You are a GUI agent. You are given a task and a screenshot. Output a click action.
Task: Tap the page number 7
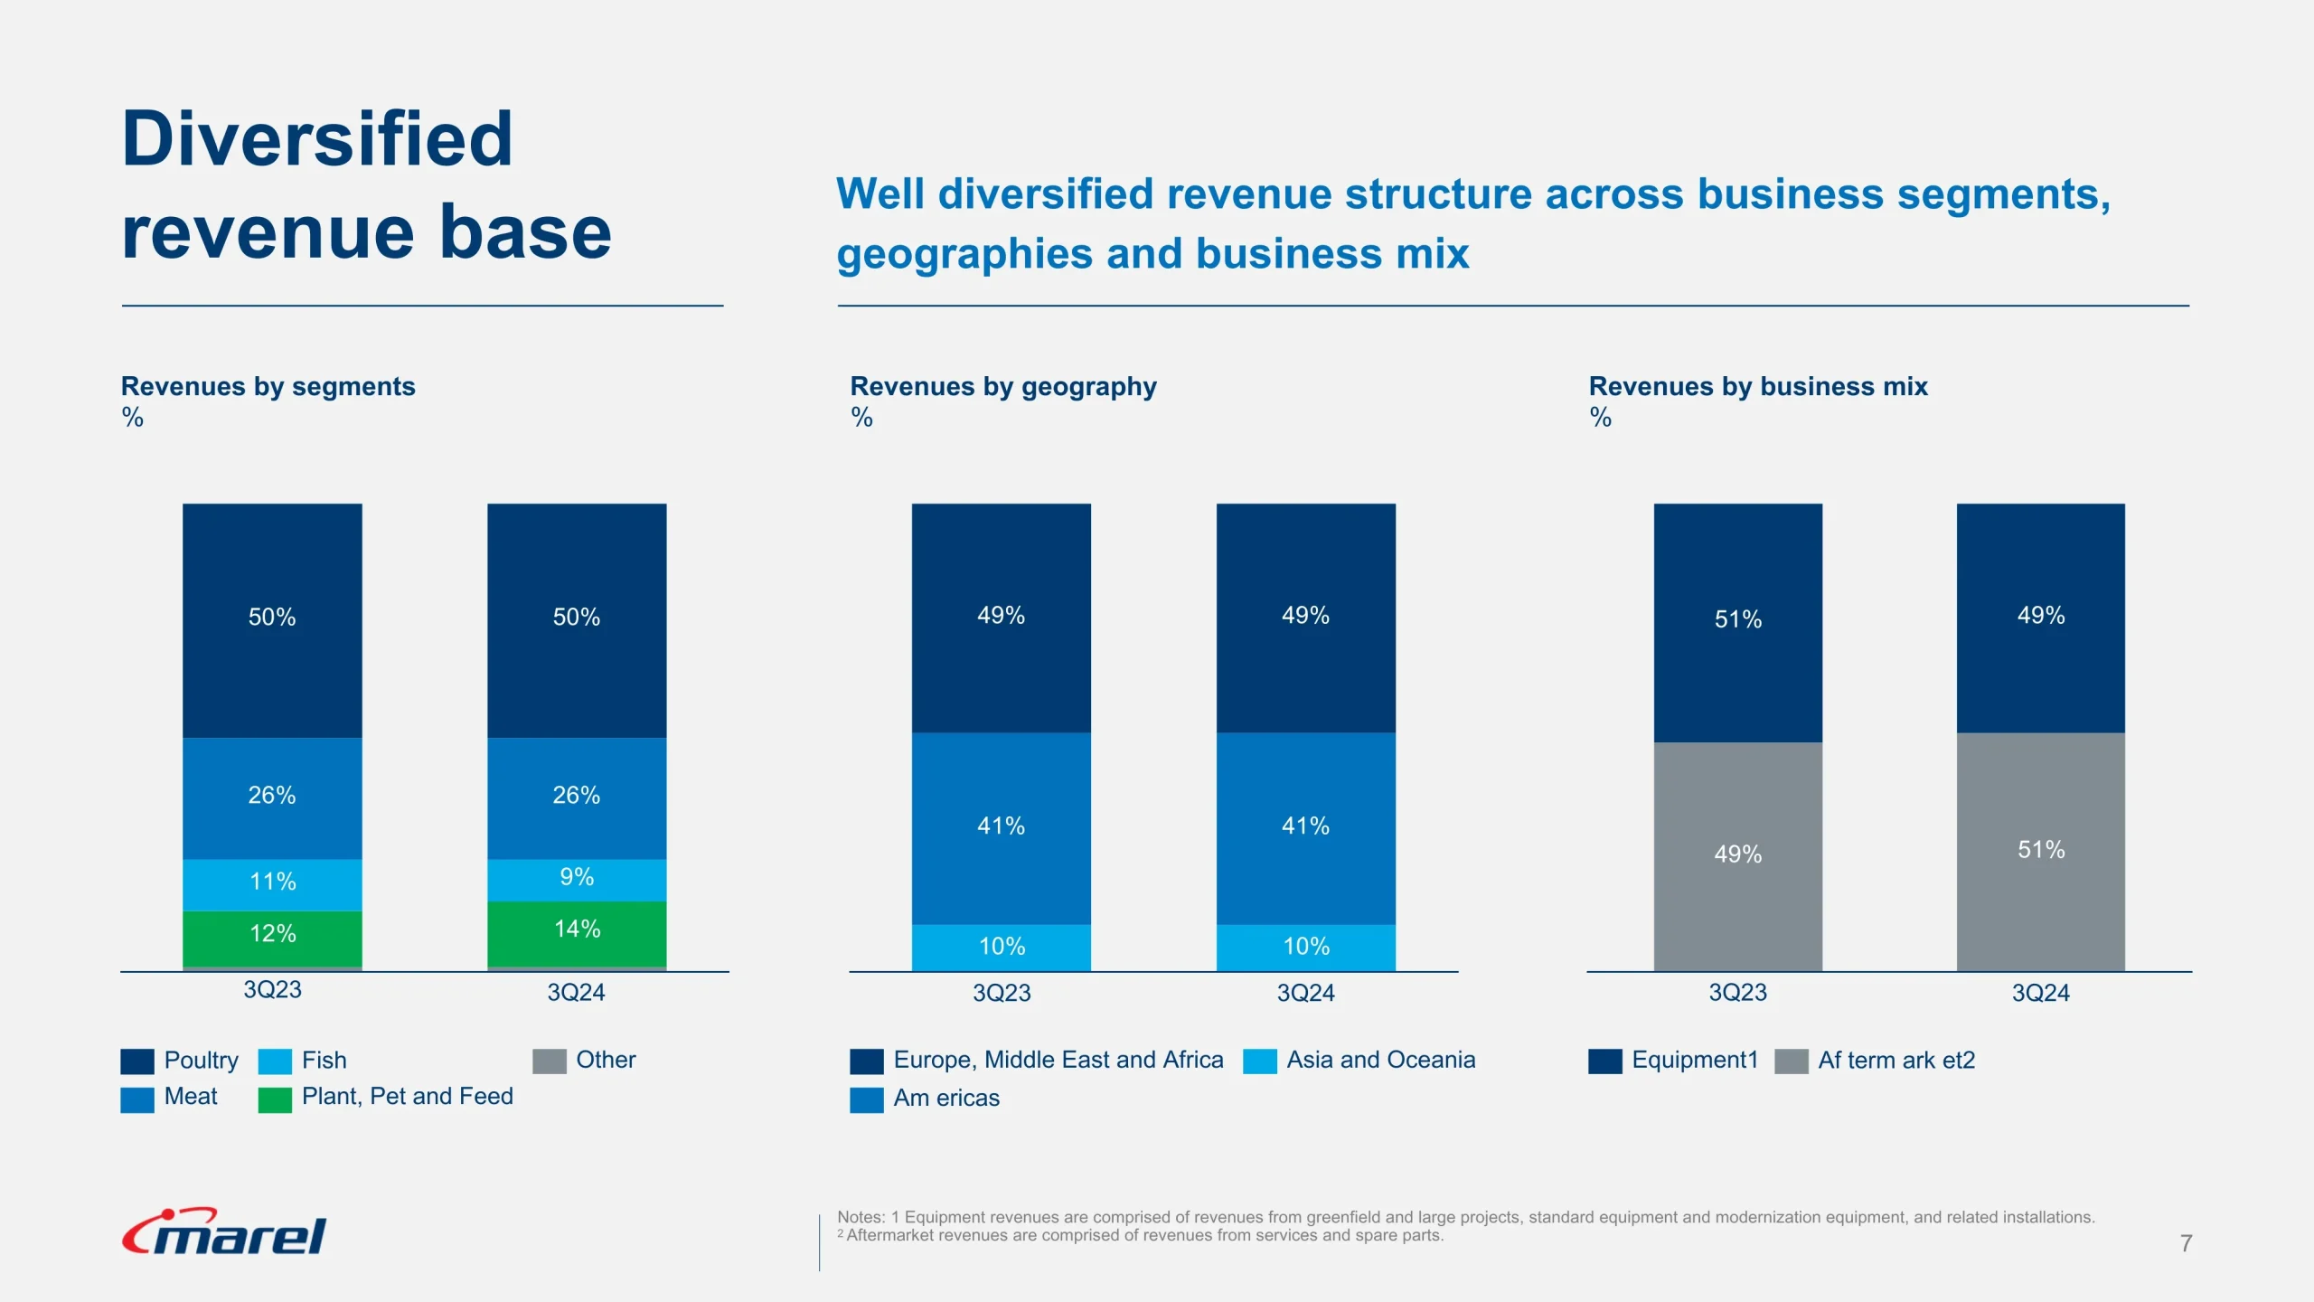pos(2186,1243)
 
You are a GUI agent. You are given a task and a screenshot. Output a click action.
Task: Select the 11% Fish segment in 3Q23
pos(272,883)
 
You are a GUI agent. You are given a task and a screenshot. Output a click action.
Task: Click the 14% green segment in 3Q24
pos(577,932)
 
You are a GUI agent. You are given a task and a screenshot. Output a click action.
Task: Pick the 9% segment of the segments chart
pos(577,879)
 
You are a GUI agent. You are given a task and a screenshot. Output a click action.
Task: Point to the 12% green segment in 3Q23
pos(272,937)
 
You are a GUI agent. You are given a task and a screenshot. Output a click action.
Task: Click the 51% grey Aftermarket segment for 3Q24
pos(2040,851)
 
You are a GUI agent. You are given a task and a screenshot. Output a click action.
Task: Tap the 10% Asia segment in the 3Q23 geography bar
pos(1001,947)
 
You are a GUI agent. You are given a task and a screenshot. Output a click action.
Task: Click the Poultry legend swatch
pos(137,1061)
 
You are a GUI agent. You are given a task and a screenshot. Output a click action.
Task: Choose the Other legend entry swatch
pos(549,1061)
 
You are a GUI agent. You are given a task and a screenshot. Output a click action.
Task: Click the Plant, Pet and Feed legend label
pos(407,1097)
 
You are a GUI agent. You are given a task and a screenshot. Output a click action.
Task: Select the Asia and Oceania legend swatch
pos(1259,1061)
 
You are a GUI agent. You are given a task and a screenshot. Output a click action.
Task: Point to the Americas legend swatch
pos(866,1099)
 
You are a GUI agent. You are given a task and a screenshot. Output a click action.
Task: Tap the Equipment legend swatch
pos(1604,1061)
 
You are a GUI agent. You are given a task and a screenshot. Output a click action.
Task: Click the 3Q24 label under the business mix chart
pos(2040,993)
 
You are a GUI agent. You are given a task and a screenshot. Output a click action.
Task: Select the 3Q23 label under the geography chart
pos(1001,993)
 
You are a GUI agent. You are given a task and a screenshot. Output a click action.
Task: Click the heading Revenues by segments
pos(268,386)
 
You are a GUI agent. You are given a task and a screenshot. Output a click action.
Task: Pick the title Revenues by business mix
pos(1757,386)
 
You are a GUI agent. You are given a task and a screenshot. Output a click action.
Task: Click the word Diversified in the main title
pos(316,139)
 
